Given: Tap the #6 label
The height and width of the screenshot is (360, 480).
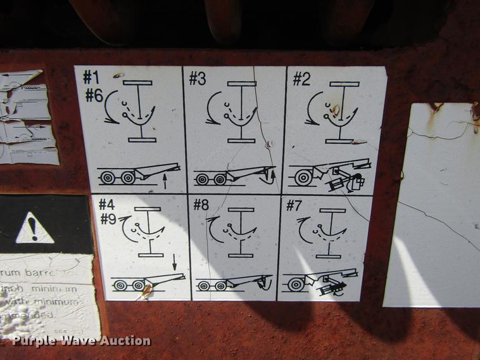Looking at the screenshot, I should (94, 96).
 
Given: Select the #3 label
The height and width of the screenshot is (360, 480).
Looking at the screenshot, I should (198, 79).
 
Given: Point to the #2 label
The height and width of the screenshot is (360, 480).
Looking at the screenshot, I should (301, 79).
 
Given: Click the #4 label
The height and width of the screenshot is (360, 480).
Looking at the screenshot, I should (106, 205).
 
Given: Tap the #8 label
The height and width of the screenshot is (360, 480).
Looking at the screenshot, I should (201, 205).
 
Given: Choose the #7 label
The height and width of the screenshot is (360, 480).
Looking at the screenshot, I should (295, 205).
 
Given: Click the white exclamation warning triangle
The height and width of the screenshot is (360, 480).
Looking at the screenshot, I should (34, 229).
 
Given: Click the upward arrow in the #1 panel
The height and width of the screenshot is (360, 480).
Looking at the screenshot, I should (165, 183).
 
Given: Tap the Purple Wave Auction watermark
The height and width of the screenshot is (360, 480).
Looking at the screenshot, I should (81, 341).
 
